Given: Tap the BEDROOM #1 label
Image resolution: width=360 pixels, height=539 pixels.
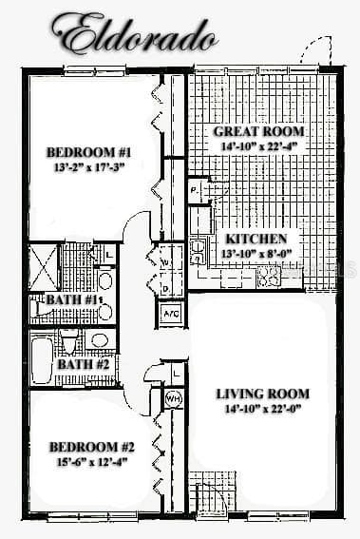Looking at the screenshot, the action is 88,152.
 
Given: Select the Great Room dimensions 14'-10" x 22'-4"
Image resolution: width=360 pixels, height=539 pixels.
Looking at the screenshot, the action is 258,146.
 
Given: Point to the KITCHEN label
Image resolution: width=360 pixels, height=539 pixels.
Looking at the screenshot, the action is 256,239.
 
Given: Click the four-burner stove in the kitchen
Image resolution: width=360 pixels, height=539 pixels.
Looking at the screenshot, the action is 269,276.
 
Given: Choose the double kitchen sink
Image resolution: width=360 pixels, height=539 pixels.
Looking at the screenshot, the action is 199,252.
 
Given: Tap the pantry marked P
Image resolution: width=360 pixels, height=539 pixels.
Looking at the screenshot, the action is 195,190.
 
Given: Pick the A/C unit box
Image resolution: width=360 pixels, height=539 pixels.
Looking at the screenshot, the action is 171,314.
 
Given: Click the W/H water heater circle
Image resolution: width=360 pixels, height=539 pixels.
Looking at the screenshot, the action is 173,398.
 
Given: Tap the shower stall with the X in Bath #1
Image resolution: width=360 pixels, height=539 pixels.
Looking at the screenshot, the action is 44,267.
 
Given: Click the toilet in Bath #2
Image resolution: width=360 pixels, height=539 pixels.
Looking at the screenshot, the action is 69,341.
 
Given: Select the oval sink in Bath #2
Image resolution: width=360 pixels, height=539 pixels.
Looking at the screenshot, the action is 100,340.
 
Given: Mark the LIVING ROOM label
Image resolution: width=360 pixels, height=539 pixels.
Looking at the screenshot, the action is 263,394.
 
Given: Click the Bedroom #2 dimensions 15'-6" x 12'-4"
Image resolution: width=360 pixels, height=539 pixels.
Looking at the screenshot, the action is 92,462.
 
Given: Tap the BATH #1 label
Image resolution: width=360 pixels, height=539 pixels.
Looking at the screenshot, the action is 72,299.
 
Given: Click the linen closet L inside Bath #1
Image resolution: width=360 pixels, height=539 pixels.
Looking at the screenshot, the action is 107,255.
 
